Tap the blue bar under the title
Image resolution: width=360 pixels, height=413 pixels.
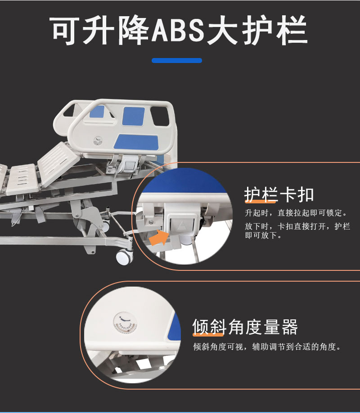177,61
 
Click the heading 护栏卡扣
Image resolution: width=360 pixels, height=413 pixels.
279,195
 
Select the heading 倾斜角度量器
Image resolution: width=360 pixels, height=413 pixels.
245,327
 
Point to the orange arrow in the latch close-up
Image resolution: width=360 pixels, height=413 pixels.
159,237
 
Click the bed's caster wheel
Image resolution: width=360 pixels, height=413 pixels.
125,257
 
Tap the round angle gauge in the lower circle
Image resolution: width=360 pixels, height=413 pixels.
125,323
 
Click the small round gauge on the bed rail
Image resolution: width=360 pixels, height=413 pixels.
98,141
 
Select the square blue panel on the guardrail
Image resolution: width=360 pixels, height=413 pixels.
133,116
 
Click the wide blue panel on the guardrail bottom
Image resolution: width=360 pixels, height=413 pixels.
136,142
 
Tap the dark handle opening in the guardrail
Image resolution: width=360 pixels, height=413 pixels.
160,116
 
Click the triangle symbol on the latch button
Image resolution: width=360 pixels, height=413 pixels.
182,225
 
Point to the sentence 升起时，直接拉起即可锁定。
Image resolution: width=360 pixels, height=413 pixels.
297,213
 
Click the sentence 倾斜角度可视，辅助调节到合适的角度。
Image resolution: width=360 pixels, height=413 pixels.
267,346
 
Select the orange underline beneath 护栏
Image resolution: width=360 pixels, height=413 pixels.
261,202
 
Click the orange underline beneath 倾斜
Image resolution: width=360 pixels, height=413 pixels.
208,335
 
